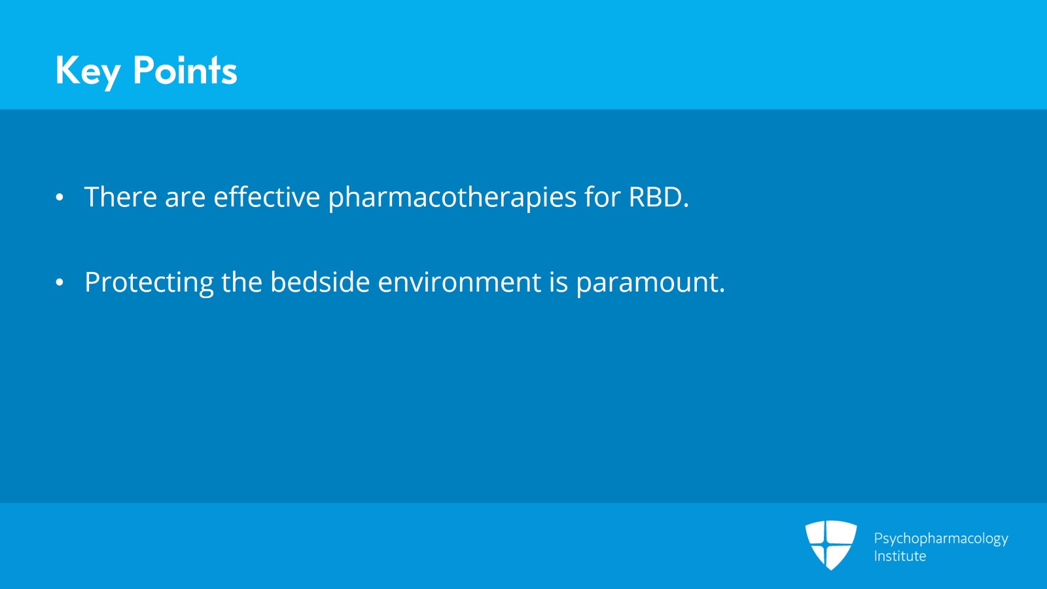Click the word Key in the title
[x=88, y=71]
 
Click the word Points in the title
[x=185, y=71]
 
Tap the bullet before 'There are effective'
[x=60, y=197]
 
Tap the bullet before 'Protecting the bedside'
[x=60, y=282]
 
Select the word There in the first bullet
[x=120, y=197]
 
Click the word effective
[x=266, y=197]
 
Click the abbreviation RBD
[x=656, y=197]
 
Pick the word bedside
[x=320, y=282]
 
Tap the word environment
[x=459, y=282]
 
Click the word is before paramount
[x=559, y=282]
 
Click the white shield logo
[x=830, y=545]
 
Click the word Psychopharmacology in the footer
[x=941, y=539]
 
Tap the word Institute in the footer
[x=900, y=556]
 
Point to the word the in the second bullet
[x=241, y=282]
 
